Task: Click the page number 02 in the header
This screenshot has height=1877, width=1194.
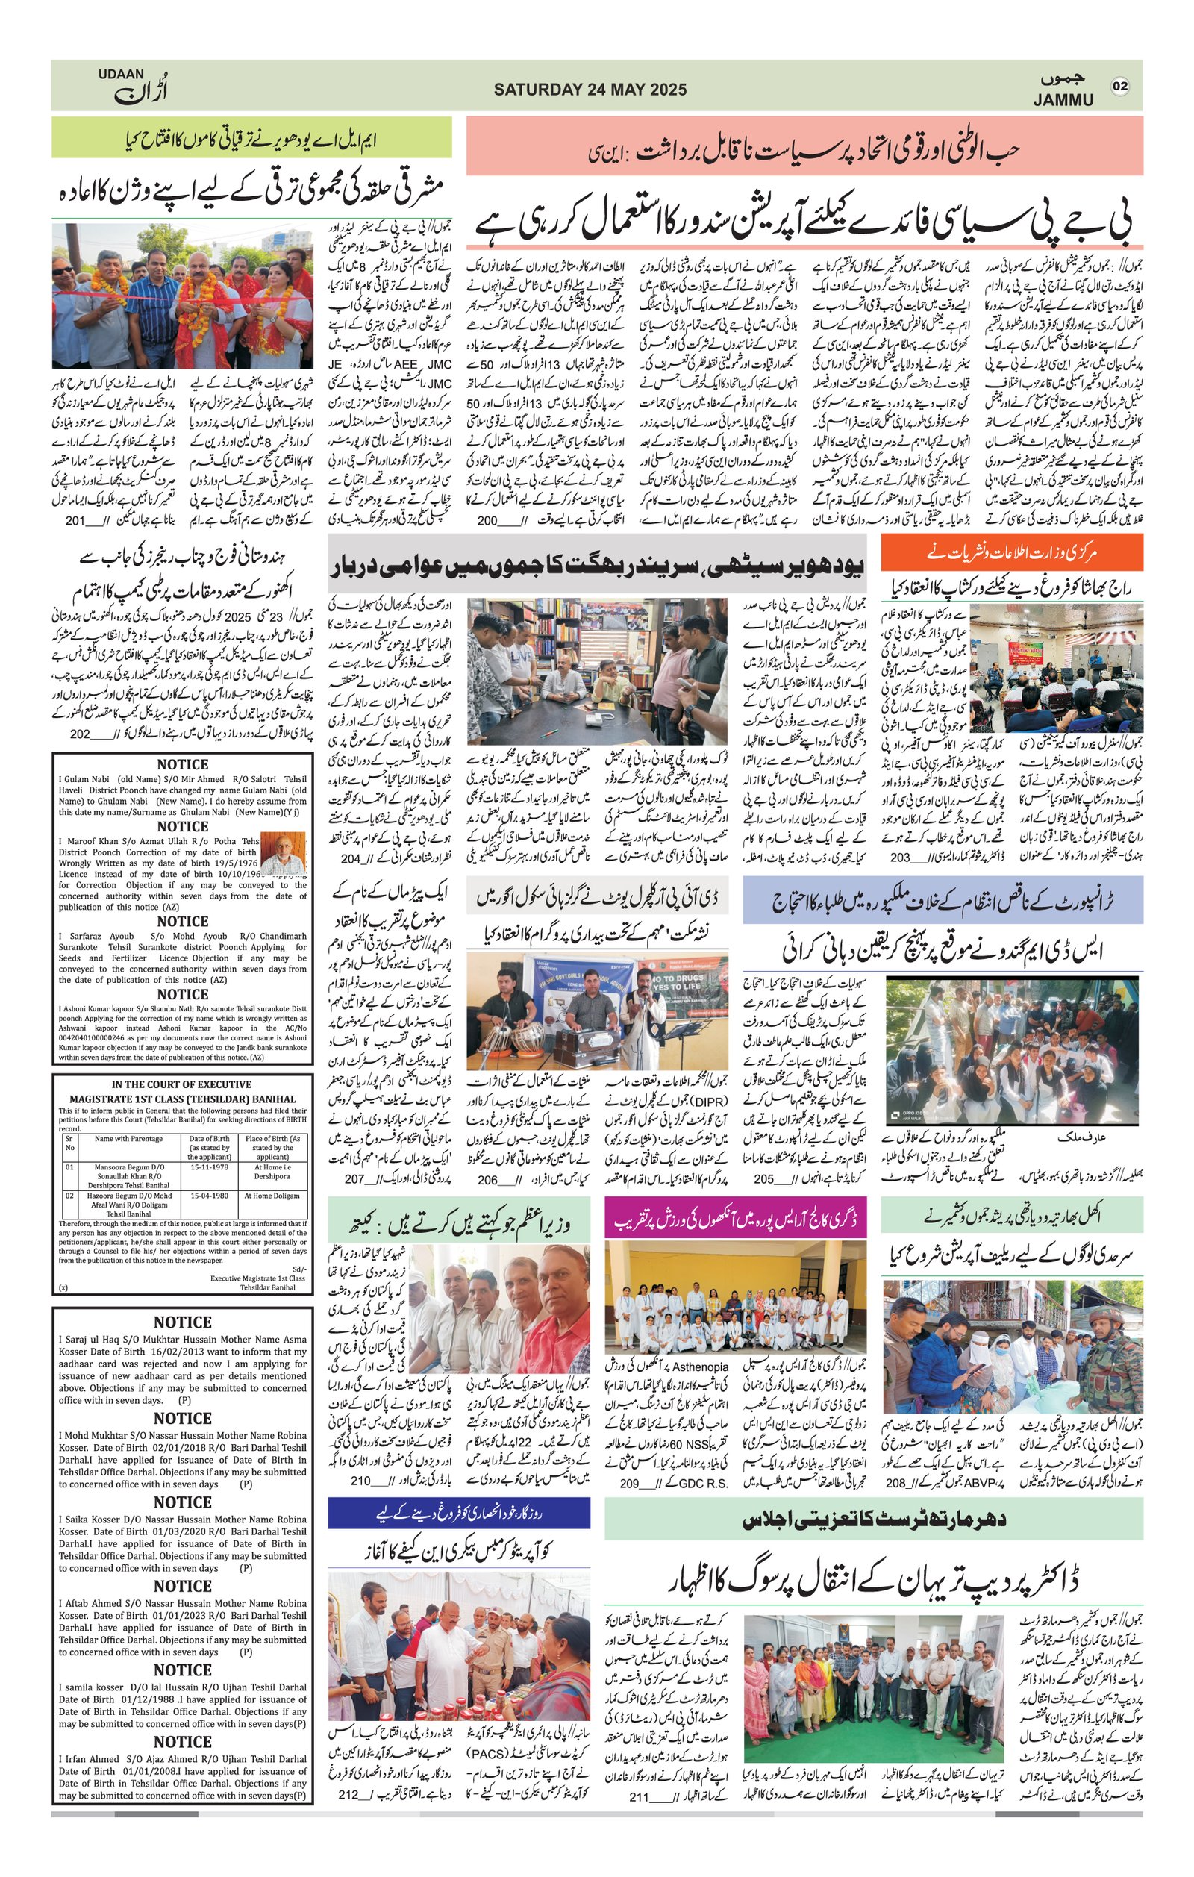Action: pyautogui.click(x=1120, y=87)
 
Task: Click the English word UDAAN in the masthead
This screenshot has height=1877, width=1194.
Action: pyautogui.click(x=121, y=74)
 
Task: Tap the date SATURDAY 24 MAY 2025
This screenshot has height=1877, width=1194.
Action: pyautogui.click(x=590, y=90)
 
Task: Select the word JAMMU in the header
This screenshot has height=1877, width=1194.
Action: pyautogui.click(x=1063, y=100)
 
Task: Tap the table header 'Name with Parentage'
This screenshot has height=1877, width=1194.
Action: pyautogui.click(x=128, y=1139)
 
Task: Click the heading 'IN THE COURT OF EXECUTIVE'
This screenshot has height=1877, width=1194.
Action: pyautogui.click(x=181, y=1084)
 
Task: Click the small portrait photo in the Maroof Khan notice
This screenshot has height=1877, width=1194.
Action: pyautogui.click(x=282, y=855)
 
